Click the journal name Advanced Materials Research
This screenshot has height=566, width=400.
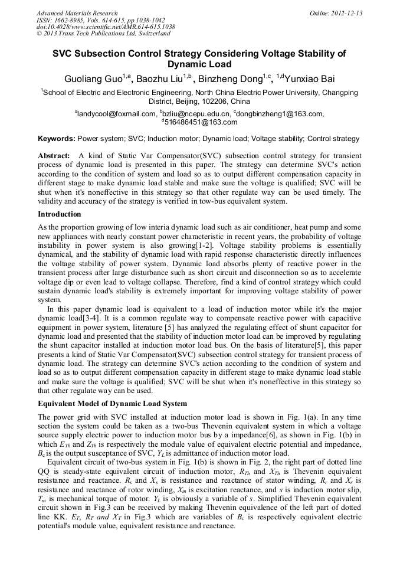[x=77, y=13]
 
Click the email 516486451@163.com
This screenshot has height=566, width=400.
[x=201, y=122]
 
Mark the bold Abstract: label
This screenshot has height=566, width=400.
[x=54, y=156]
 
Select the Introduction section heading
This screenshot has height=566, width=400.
[x=59, y=214]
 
